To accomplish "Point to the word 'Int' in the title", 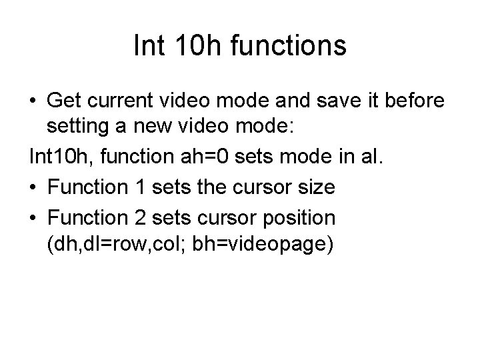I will point(147,46).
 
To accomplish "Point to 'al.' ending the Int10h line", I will point(371,159).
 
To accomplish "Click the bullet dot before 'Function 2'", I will point(33,218).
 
